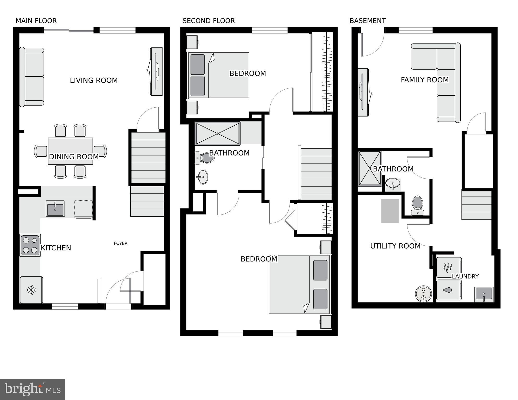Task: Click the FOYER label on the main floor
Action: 120,243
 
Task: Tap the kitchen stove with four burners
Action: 30,245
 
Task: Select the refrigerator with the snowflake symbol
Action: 31,290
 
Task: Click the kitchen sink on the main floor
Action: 55,208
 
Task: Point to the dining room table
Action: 70,151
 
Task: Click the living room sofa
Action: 32,77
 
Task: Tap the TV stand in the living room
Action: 156,71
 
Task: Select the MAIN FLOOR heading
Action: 36,21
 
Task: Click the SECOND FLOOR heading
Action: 209,21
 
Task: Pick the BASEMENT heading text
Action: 368,21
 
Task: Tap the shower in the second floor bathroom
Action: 218,133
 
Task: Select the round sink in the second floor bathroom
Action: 202,177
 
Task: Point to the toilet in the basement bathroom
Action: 417,205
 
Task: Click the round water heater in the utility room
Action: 424,294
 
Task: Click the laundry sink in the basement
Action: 484,294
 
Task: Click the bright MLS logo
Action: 32,389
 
